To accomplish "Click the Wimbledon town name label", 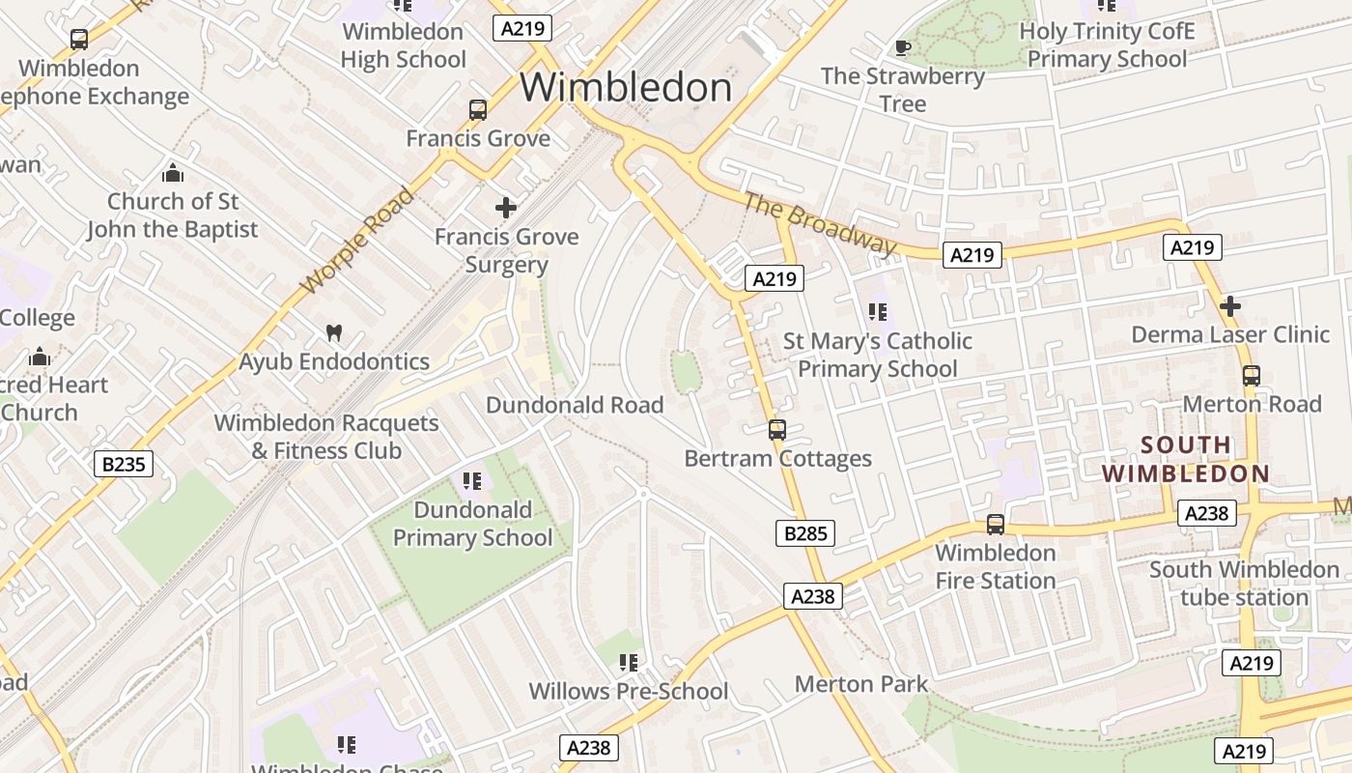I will [626, 88].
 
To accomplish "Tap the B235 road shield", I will [124, 464].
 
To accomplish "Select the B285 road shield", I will [804, 532].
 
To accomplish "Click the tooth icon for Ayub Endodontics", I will [334, 332].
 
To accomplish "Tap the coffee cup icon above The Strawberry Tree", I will [902, 47].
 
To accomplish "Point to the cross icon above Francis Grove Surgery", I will [505, 208].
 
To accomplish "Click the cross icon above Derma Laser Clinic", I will [1229, 306].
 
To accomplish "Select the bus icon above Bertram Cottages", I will [777, 430].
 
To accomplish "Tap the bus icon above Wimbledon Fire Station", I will [995, 525].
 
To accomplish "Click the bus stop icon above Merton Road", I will [1251, 376].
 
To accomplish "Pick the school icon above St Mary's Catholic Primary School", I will [877, 312].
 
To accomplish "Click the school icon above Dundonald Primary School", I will [471, 481].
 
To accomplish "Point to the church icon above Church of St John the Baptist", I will [173, 173].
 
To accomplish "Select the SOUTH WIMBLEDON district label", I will [1186, 460].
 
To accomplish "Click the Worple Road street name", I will [356, 242].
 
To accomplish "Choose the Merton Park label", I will [860, 684].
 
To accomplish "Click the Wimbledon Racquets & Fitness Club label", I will [326, 437].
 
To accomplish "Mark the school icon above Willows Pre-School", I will [629, 663].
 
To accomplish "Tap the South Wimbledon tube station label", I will [1244, 584].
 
